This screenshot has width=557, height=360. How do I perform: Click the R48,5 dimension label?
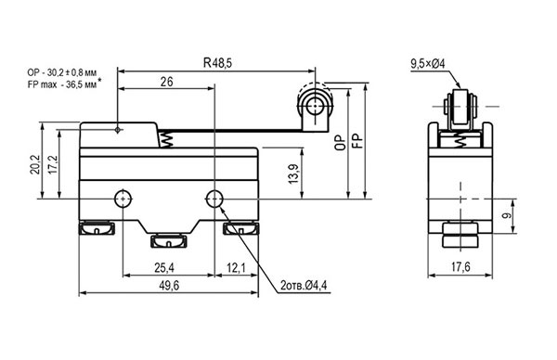tap(217, 63)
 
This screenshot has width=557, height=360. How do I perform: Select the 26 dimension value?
tap(166, 82)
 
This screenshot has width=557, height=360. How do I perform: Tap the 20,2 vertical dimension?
tap(35, 164)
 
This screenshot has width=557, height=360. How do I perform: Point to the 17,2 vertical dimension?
tap(53, 164)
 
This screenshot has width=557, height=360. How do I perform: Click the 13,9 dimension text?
tap(293, 174)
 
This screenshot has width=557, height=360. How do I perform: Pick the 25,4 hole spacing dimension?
tap(164, 268)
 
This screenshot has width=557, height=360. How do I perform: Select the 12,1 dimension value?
tap(236, 268)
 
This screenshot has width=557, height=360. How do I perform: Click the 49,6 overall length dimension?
tap(169, 286)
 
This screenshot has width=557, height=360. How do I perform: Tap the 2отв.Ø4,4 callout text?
tap(304, 286)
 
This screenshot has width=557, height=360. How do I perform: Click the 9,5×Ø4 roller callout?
tap(428, 64)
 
